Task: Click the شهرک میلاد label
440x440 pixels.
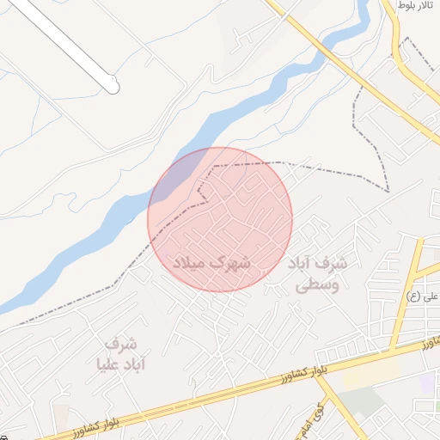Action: (212, 262)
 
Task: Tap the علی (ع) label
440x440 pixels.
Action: (424, 296)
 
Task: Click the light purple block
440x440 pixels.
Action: (428, 383)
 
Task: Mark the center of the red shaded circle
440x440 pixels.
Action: (220, 219)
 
